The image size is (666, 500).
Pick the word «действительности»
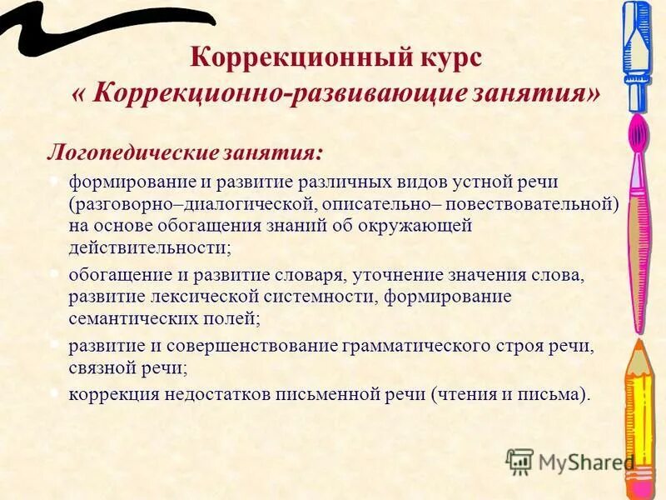pyautogui.click(x=148, y=247)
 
